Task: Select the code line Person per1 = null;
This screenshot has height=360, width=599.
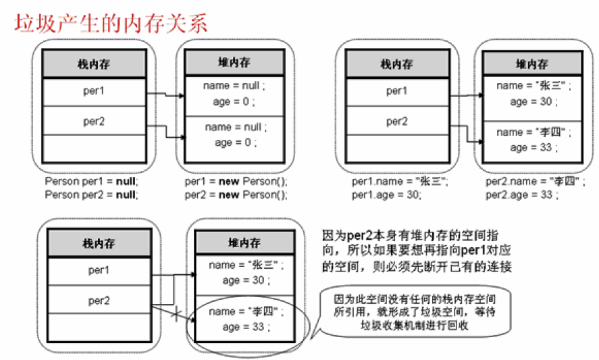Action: click(x=91, y=182)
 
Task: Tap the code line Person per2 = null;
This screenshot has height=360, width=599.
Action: click(x=91, y=195)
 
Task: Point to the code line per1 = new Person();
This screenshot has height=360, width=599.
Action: click(x=236, y=182)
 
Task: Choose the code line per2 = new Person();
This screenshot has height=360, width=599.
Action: click(x=236, y=195)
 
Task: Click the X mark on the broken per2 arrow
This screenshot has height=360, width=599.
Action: click(x=176, y=315)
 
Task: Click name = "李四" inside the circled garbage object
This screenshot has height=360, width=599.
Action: click(x=245, y=312)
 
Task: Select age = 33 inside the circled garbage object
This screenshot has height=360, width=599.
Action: click(x=245, y=327)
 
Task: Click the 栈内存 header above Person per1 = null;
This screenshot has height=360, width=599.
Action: click(x=95, y=64)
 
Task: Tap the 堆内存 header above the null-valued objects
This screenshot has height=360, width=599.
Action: click(x=234, y=63)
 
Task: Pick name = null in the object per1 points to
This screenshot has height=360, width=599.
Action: click(x=234, y=86)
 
